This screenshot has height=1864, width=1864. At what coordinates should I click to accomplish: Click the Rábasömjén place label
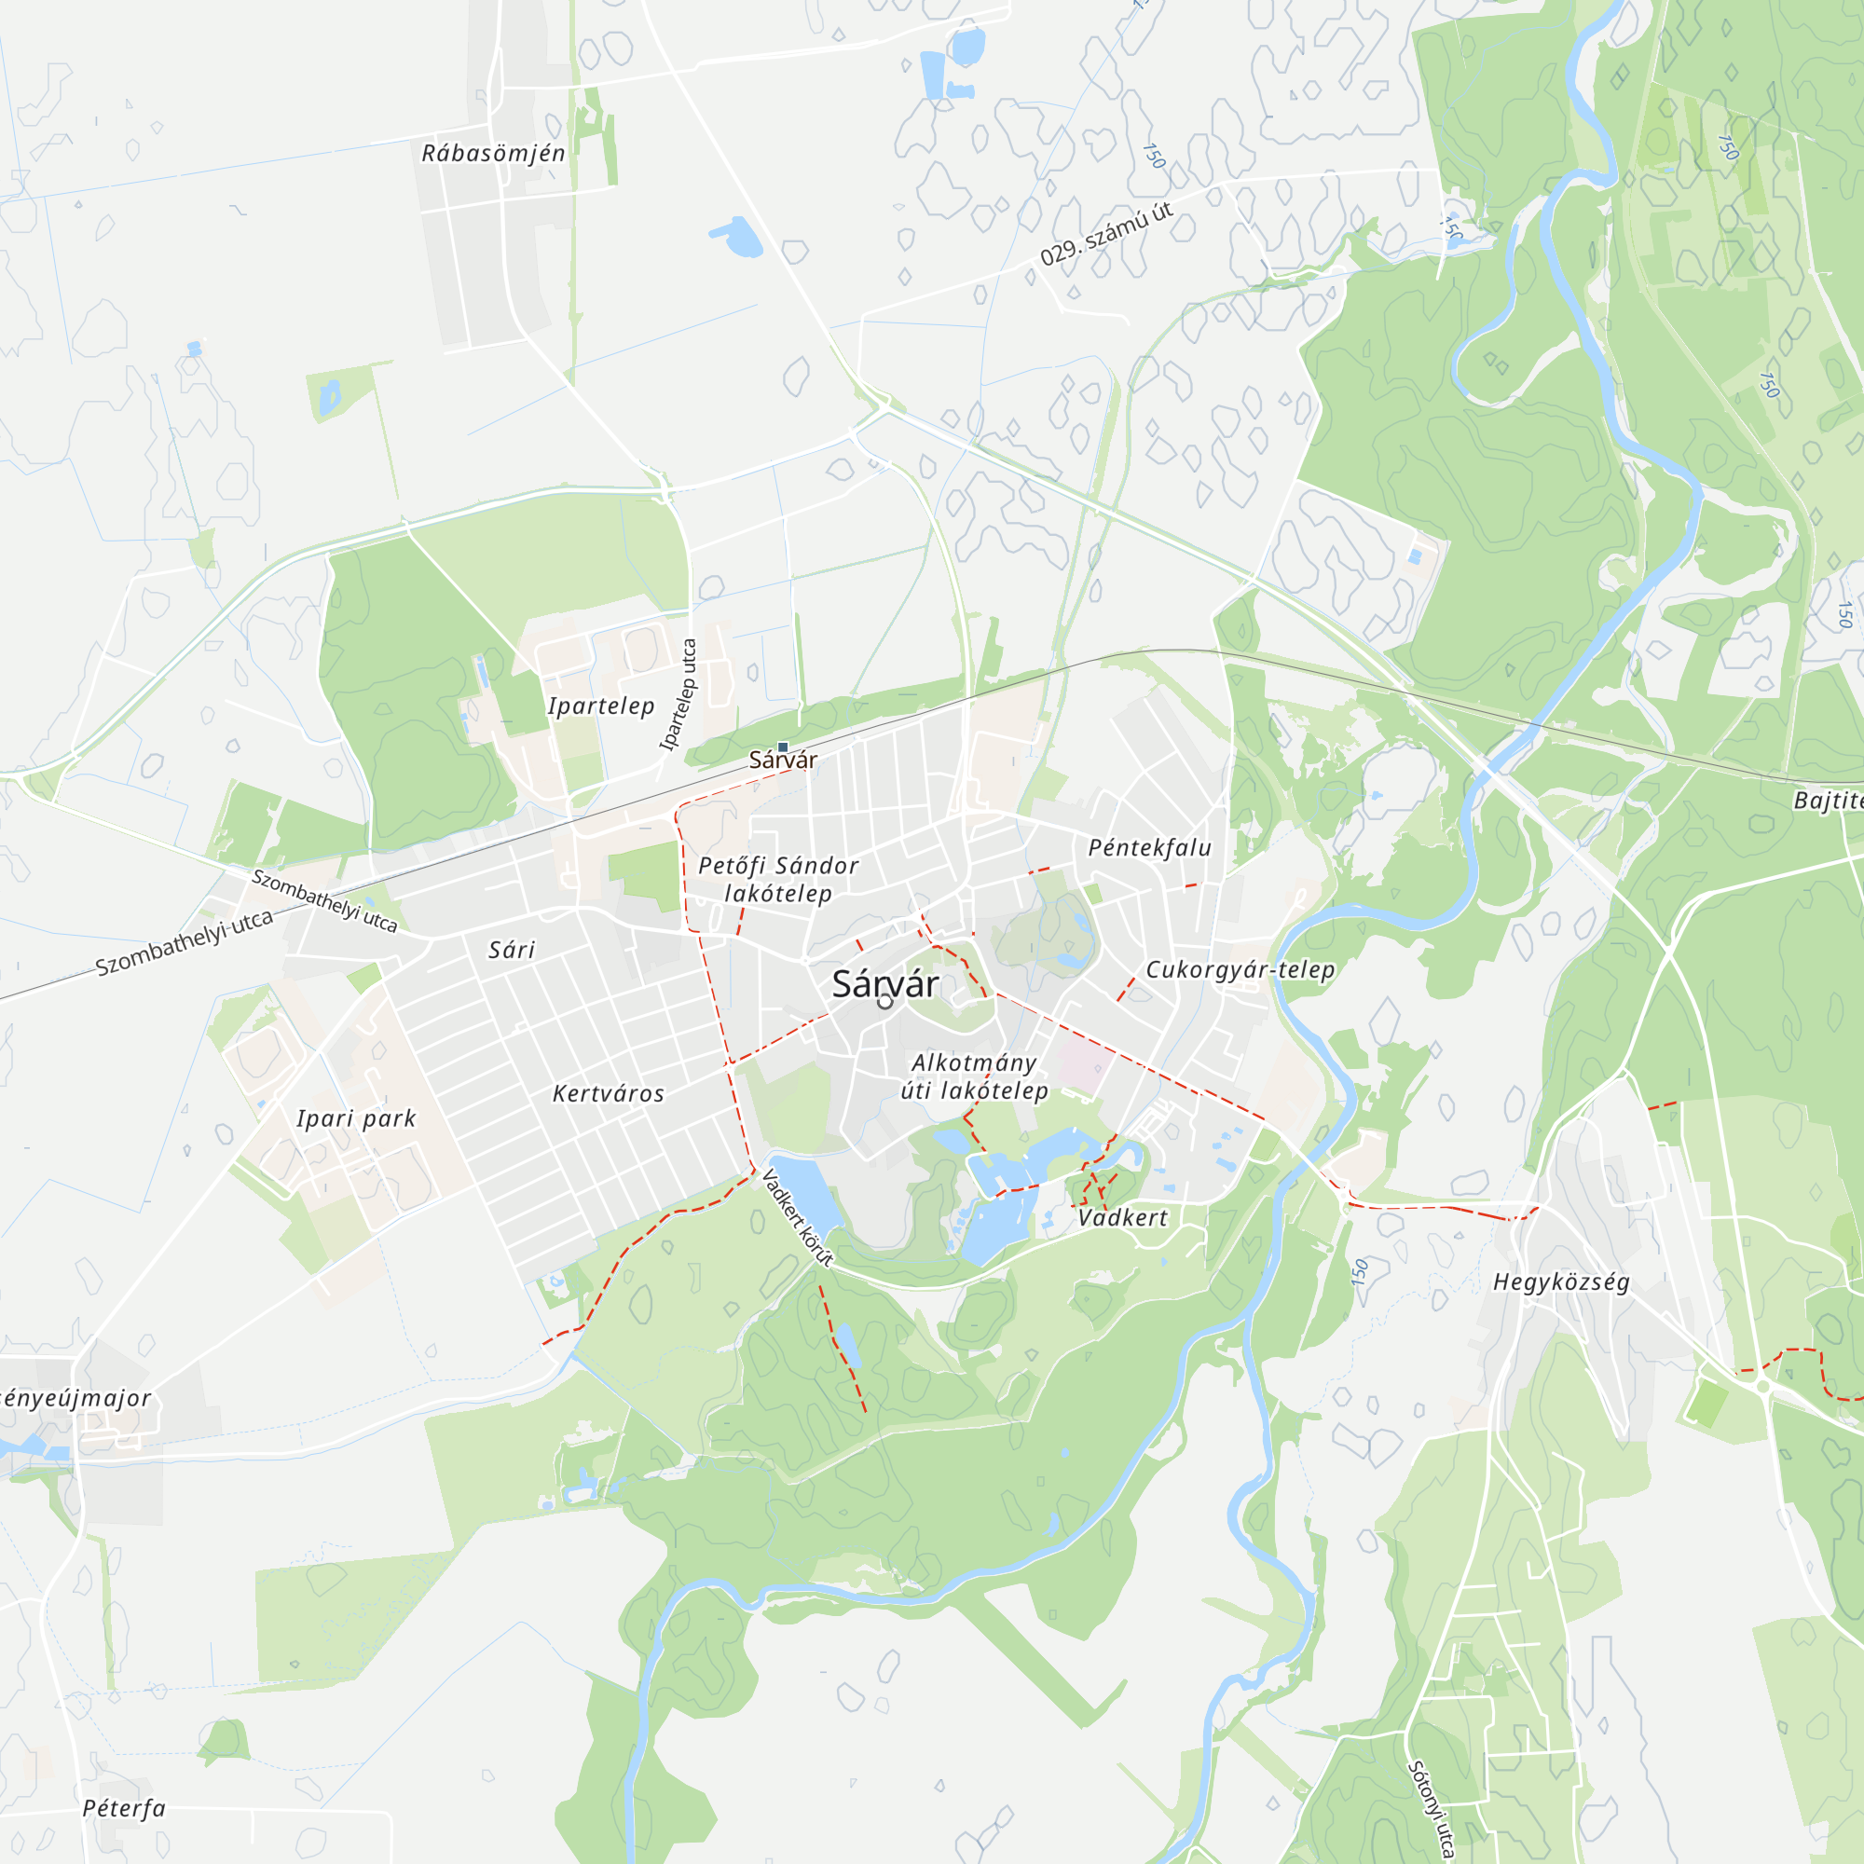coord(493,154)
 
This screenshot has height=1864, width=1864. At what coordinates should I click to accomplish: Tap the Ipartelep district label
coord(601,706)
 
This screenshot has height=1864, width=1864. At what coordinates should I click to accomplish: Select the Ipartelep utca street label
coord(678,694)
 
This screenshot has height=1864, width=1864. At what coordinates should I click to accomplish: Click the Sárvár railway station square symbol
coord(783,747)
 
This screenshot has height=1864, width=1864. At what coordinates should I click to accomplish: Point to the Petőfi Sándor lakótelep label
coord(778,879)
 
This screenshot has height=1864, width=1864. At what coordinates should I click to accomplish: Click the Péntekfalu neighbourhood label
coord(1149,848)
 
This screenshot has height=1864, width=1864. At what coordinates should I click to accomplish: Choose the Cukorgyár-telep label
coord(1240,969)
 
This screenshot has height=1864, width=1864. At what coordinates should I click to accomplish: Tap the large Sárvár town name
coord(884,984)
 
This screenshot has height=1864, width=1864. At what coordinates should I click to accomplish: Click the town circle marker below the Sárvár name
coord(884,1003)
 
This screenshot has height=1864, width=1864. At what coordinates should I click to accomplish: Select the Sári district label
coord(512,951)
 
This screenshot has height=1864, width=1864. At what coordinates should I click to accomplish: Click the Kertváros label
coord(608,1094)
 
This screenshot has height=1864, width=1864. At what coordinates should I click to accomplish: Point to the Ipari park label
coord(356,1119)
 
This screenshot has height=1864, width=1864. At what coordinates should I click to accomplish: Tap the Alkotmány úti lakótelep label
coord(975,1076)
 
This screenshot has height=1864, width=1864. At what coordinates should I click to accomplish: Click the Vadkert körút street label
coord(797,1216)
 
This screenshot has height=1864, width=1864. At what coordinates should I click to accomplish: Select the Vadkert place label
coord(1122,1217)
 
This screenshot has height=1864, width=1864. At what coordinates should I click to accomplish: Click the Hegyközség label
coord(1561,1282)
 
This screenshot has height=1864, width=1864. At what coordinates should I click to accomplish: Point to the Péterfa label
coord(124,1808)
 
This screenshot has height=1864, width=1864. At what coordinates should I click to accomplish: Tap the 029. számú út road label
coord(1105,234)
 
